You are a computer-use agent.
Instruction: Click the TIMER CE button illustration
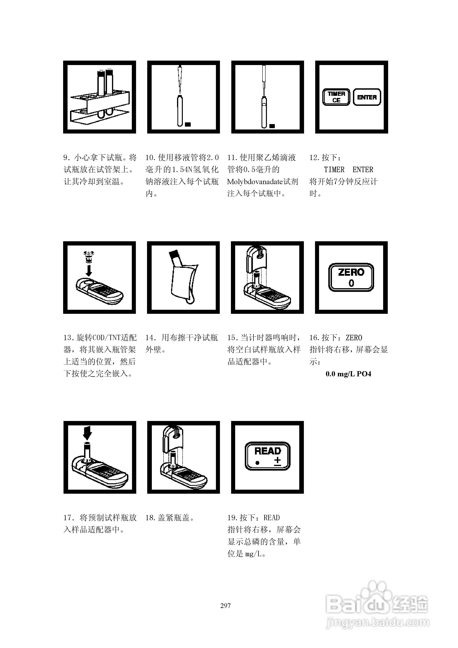tap(336, 97)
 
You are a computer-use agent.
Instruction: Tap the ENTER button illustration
tap(367, 97)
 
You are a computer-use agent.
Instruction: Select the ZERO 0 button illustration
tap(351, 277)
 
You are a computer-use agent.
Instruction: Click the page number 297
tap(225, 605)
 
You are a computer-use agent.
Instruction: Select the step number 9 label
tap(66, 158)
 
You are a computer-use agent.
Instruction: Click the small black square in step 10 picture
tap(188, 124)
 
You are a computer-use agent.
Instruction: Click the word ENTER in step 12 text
tap(363, 170)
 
